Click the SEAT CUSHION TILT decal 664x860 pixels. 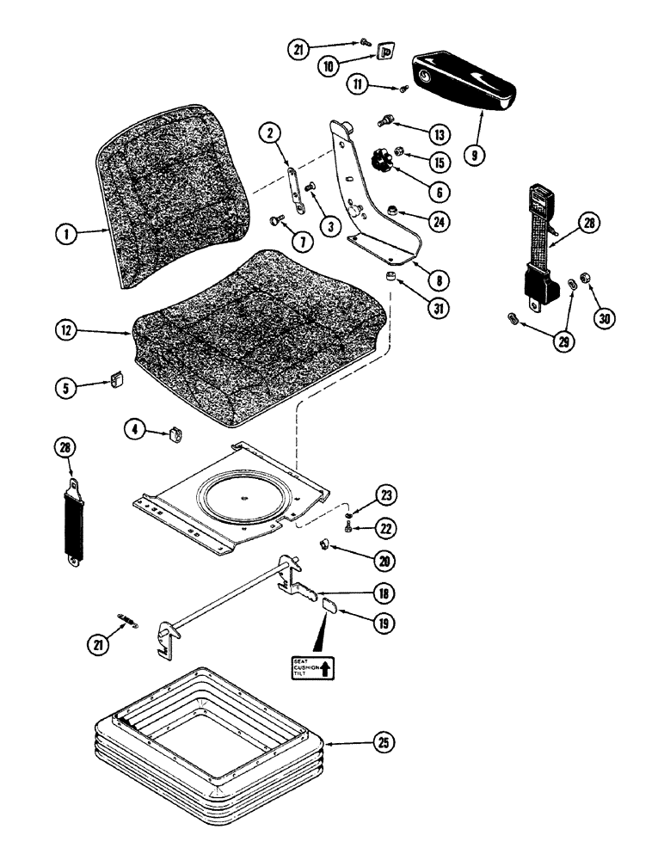(310, 667)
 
